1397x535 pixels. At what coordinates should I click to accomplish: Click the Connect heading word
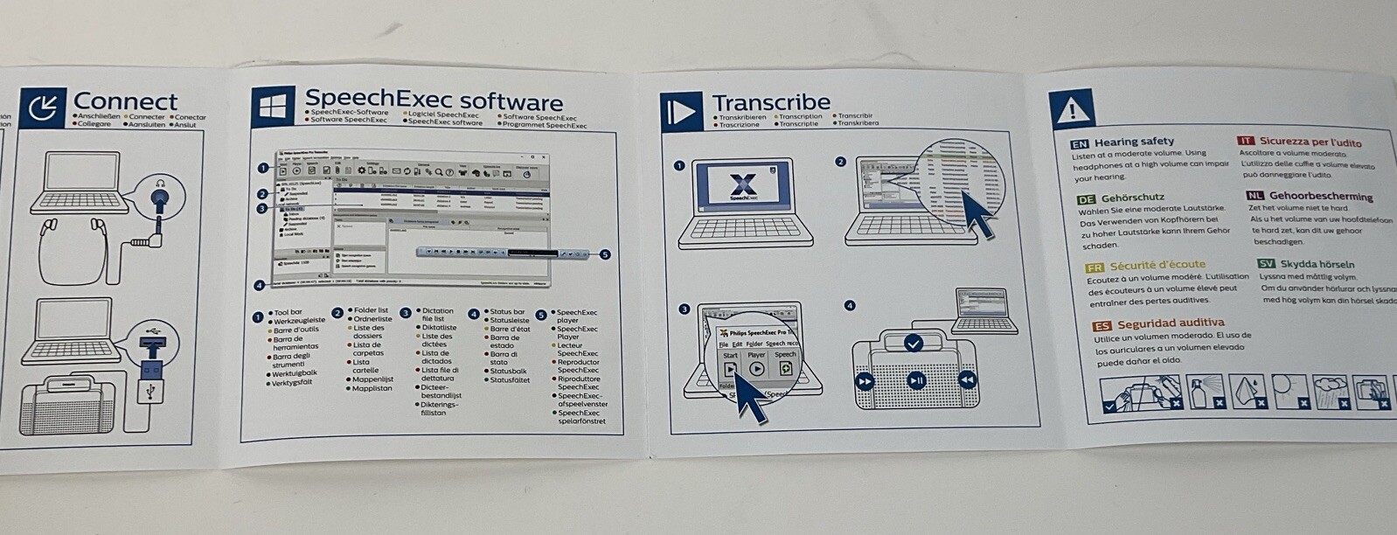tap(124, 101)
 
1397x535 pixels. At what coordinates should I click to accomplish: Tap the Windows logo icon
tap(273, 108)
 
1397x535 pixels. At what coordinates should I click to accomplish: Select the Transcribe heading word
tap(771, 102)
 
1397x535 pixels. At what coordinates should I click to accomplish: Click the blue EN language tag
tap(1080, 143)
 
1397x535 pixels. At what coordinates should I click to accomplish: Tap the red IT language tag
tap(1245, 141)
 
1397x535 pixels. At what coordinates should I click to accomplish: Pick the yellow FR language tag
tap(1094, 267)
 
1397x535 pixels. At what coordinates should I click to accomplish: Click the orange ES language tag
tap(1102, 326)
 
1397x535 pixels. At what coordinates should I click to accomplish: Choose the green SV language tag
tap(1266, 264)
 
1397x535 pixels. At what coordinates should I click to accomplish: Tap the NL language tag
tap(1255, 196)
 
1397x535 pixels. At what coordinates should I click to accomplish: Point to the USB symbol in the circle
tap(154, 334)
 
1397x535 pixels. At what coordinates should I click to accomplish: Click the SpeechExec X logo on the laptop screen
tap(742, 186)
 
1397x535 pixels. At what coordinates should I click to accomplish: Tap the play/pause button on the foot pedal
tap(916, 380)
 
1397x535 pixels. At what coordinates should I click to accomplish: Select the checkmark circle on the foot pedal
tap(914, 344)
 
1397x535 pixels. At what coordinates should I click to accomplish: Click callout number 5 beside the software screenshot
tap(605, 254)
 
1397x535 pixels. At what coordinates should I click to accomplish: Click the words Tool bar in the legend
tap(288, 312)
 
